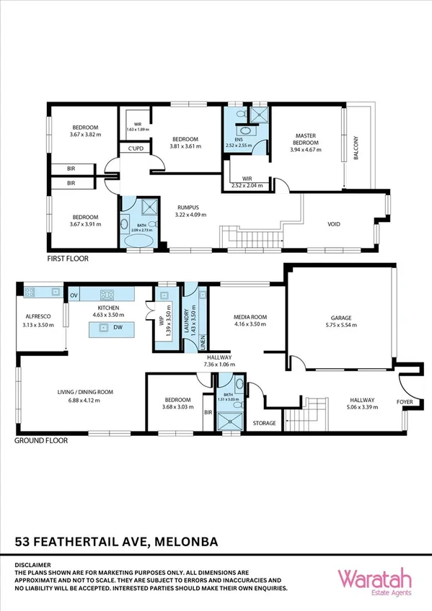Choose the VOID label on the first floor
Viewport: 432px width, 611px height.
point(333,224)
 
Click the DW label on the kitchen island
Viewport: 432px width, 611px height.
point(118,328)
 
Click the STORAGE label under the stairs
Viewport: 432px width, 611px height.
point(264,423)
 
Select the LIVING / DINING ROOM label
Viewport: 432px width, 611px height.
point(85,392)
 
